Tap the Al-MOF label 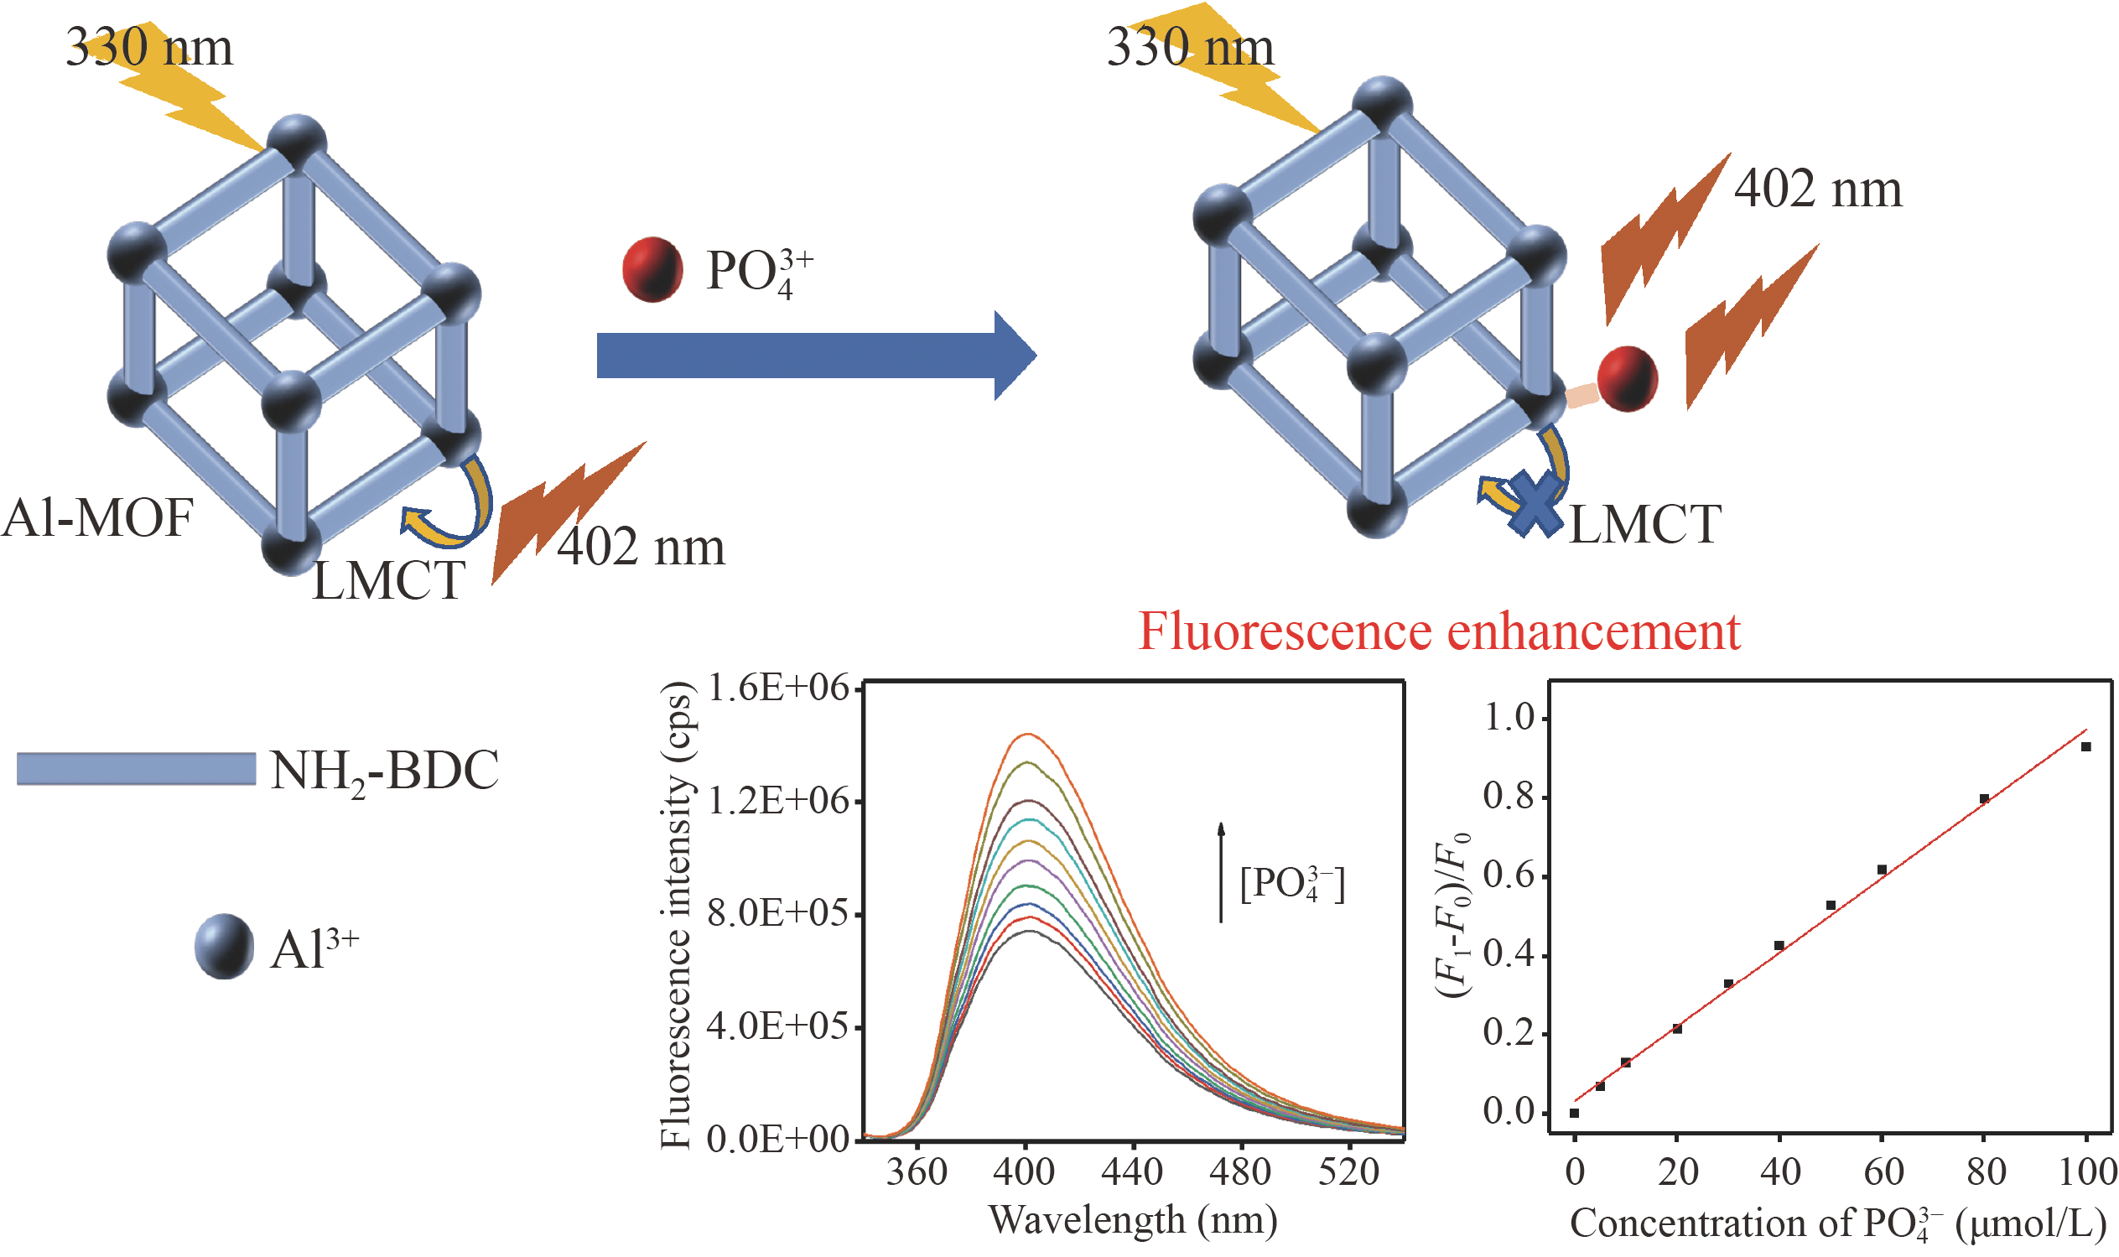[x=97, y=517]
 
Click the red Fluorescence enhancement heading [x=1438, y=631]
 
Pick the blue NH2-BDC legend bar [x=136, y=768]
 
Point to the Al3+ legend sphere [x=224, y=947]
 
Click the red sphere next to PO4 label [x=652, y=269]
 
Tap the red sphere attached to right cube [x=1627, y=379]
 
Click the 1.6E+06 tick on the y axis [x=776, y=688]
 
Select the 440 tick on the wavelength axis [x=1131, y=1172]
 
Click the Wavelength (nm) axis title [x=1132, y=1221]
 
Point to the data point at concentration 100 [x=2085, y=747]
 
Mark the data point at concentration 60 [x=1881, y=870]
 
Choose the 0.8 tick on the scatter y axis [x=1509, y=797]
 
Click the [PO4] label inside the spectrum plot [x=1291, y=885]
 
